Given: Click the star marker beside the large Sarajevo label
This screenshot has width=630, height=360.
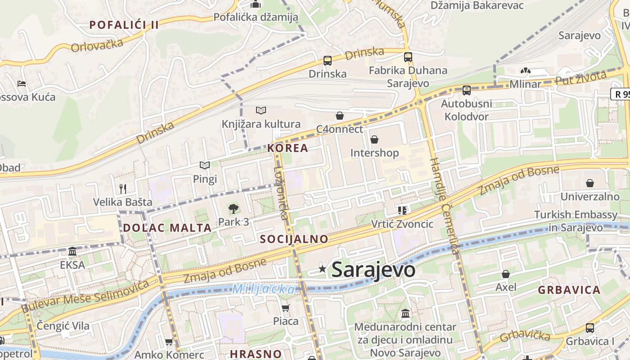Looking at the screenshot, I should point(322,269).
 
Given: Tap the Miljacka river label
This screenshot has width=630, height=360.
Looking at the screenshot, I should point(264,289).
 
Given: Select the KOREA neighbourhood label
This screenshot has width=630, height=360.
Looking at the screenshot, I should point(288,148).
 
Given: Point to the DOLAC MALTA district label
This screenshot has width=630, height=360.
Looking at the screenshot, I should point(167,228).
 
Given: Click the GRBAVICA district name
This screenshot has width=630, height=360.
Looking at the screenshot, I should point(569,290).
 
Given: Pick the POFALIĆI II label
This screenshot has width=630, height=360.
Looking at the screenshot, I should point(124,25).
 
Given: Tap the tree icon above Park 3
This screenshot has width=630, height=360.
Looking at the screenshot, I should point(233,209).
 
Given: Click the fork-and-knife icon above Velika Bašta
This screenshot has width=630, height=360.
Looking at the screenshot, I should point(123,189).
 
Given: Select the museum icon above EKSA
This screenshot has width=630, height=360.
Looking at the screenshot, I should point(72,252).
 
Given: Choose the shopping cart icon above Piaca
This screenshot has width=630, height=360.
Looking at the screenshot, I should point(285,308).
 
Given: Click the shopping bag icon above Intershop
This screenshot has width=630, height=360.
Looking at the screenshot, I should point(374,140).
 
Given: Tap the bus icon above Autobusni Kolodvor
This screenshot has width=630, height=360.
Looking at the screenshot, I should point(466,90).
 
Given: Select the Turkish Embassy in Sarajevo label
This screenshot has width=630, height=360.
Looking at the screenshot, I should point(576,221).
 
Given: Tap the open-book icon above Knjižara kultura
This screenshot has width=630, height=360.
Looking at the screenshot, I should point(261,111).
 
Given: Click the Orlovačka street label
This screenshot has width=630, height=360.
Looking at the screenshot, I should point(97,45).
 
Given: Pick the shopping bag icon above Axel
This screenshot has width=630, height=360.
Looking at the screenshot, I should point(505,274).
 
